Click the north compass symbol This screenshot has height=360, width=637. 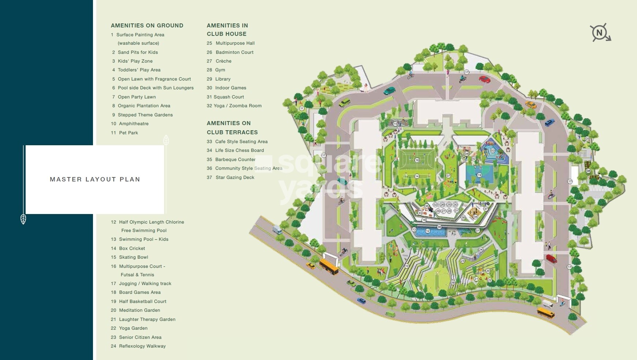click(600, 33)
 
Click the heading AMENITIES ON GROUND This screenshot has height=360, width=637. click(147, 26)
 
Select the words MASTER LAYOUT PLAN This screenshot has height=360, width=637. click(95, 179)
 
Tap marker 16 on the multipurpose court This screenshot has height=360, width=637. click(417, 160)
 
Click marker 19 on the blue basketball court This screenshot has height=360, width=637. click(479, 175)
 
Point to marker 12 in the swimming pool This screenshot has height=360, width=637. click(428, 231)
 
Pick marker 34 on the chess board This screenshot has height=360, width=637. click(475, 217)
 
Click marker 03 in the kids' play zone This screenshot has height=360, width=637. click(493, 151)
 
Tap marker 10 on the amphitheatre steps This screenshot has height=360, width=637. click(407, 266)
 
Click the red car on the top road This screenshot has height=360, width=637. click(484, 79)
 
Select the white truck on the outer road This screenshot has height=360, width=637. click(277, 230)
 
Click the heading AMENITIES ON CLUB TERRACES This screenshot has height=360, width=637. click(232, 128)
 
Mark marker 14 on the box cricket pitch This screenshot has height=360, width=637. click(417, 176)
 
